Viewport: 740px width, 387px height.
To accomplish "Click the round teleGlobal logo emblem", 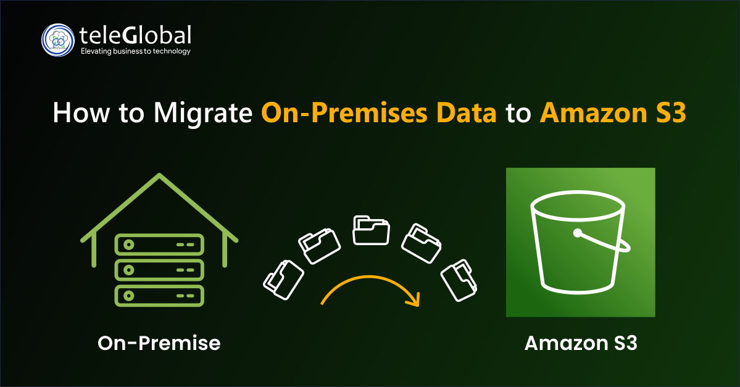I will [x=57, y=40].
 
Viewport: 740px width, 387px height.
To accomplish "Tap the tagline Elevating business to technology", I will [x=136, y=51].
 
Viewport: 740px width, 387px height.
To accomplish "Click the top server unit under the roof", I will [x=159, y=244].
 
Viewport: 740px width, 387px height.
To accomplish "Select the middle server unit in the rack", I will [x=159, y=270].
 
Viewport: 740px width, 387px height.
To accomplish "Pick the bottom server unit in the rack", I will [x=159, y=295].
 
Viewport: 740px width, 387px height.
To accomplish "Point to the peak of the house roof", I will [x=160, y=177].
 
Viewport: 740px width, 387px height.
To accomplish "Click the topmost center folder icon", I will [x=371, y=229].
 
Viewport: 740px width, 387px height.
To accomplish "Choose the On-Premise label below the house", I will [x=159, y=343].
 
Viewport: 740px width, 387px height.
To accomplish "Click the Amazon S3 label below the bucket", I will [x=580, y=343].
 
